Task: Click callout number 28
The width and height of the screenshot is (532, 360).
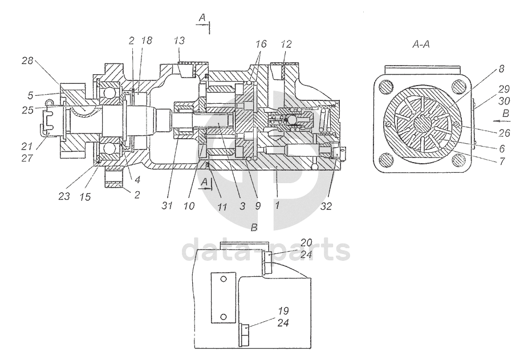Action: [x=27, y=61]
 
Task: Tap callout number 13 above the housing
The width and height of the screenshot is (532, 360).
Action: [x=179, y=41]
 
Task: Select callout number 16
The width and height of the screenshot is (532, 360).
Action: [x=261, y=44]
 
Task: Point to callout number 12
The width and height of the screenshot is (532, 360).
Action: [x=286, y=44]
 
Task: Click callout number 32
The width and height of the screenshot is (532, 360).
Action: [x=326, y=206]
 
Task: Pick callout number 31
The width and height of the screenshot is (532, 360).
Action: [x=167, y=205]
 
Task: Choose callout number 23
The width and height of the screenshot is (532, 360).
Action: [x=64, y=196]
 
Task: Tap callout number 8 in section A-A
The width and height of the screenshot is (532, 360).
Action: [x=501, y=69]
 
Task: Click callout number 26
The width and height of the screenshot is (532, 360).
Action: [x=504, y=132]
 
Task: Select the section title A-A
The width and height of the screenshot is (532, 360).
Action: [x=421, y=44]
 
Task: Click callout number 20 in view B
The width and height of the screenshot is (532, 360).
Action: [x=306, y=243]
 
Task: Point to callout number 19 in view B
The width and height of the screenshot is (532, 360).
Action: [x=283, y=311]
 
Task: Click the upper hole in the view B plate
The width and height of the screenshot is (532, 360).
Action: [x=224, y=279]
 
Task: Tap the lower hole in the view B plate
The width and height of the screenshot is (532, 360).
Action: [x=224, y=317]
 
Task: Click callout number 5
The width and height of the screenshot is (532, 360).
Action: [x=30, y=96]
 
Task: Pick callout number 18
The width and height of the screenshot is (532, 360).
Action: [x=147, y=41]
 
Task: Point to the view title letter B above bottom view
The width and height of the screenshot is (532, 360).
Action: [x=254, y=228]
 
